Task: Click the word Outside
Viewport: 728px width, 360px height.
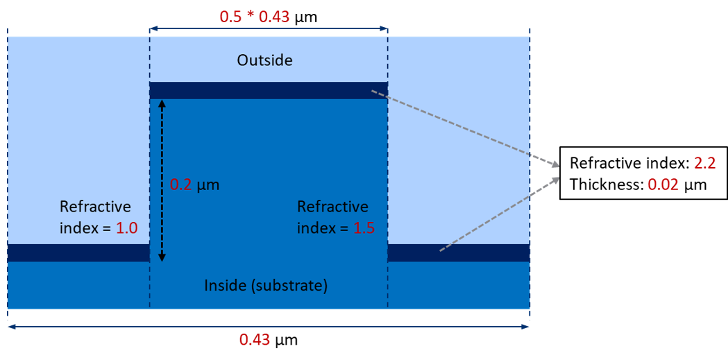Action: point(264,60)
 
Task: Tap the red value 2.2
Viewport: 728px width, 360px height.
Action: point(704,164)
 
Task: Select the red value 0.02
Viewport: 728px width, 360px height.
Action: point(663,185)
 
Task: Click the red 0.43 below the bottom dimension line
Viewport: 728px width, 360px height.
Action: point(254,340)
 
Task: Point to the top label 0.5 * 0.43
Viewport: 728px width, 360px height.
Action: point(254,16)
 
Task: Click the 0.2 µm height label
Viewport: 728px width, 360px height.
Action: point(195,186)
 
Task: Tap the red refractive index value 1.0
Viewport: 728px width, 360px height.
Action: point(127,228)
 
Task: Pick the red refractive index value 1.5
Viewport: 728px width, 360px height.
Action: point(364,228)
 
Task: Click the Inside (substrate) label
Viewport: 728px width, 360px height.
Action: point(266,285)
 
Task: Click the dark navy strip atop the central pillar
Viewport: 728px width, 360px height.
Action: point(268,90)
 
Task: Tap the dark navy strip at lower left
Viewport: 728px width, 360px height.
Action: point(78,252)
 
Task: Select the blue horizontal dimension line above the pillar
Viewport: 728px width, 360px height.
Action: point(268,29)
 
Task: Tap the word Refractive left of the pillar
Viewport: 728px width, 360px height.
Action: point(95,207)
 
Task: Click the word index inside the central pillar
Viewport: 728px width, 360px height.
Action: point(316,228)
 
